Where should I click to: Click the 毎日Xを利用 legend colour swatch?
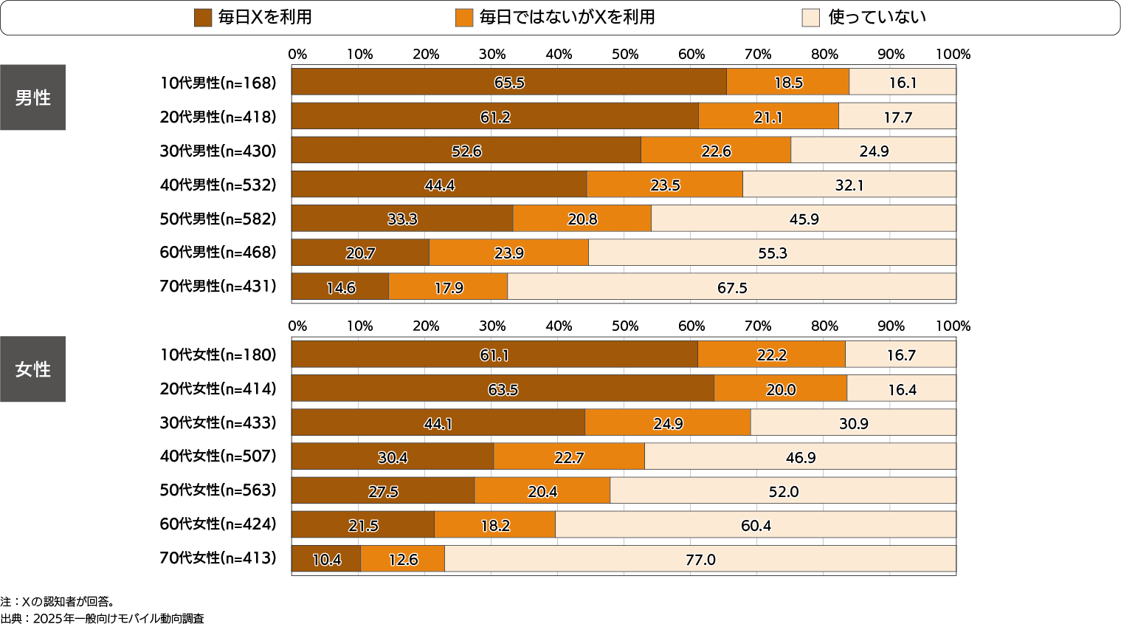203,18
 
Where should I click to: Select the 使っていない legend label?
877,18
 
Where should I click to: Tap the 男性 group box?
32,97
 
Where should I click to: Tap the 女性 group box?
32,369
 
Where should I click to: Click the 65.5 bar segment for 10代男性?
509,82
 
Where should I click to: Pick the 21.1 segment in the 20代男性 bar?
768,117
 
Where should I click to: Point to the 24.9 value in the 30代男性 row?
874,151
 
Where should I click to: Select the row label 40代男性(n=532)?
218,185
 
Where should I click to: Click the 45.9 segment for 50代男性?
804,219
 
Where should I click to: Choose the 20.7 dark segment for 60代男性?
360,253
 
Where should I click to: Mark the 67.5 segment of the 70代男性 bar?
732,287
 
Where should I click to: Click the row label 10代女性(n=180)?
218,354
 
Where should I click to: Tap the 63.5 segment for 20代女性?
503,389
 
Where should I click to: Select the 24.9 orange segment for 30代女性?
668,423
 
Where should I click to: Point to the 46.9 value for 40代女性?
801,457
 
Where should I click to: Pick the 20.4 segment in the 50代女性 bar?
542,491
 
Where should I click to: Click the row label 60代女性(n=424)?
218,524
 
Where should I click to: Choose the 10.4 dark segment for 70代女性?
326,559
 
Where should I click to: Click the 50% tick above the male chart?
625,54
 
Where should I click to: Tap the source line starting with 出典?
103,619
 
